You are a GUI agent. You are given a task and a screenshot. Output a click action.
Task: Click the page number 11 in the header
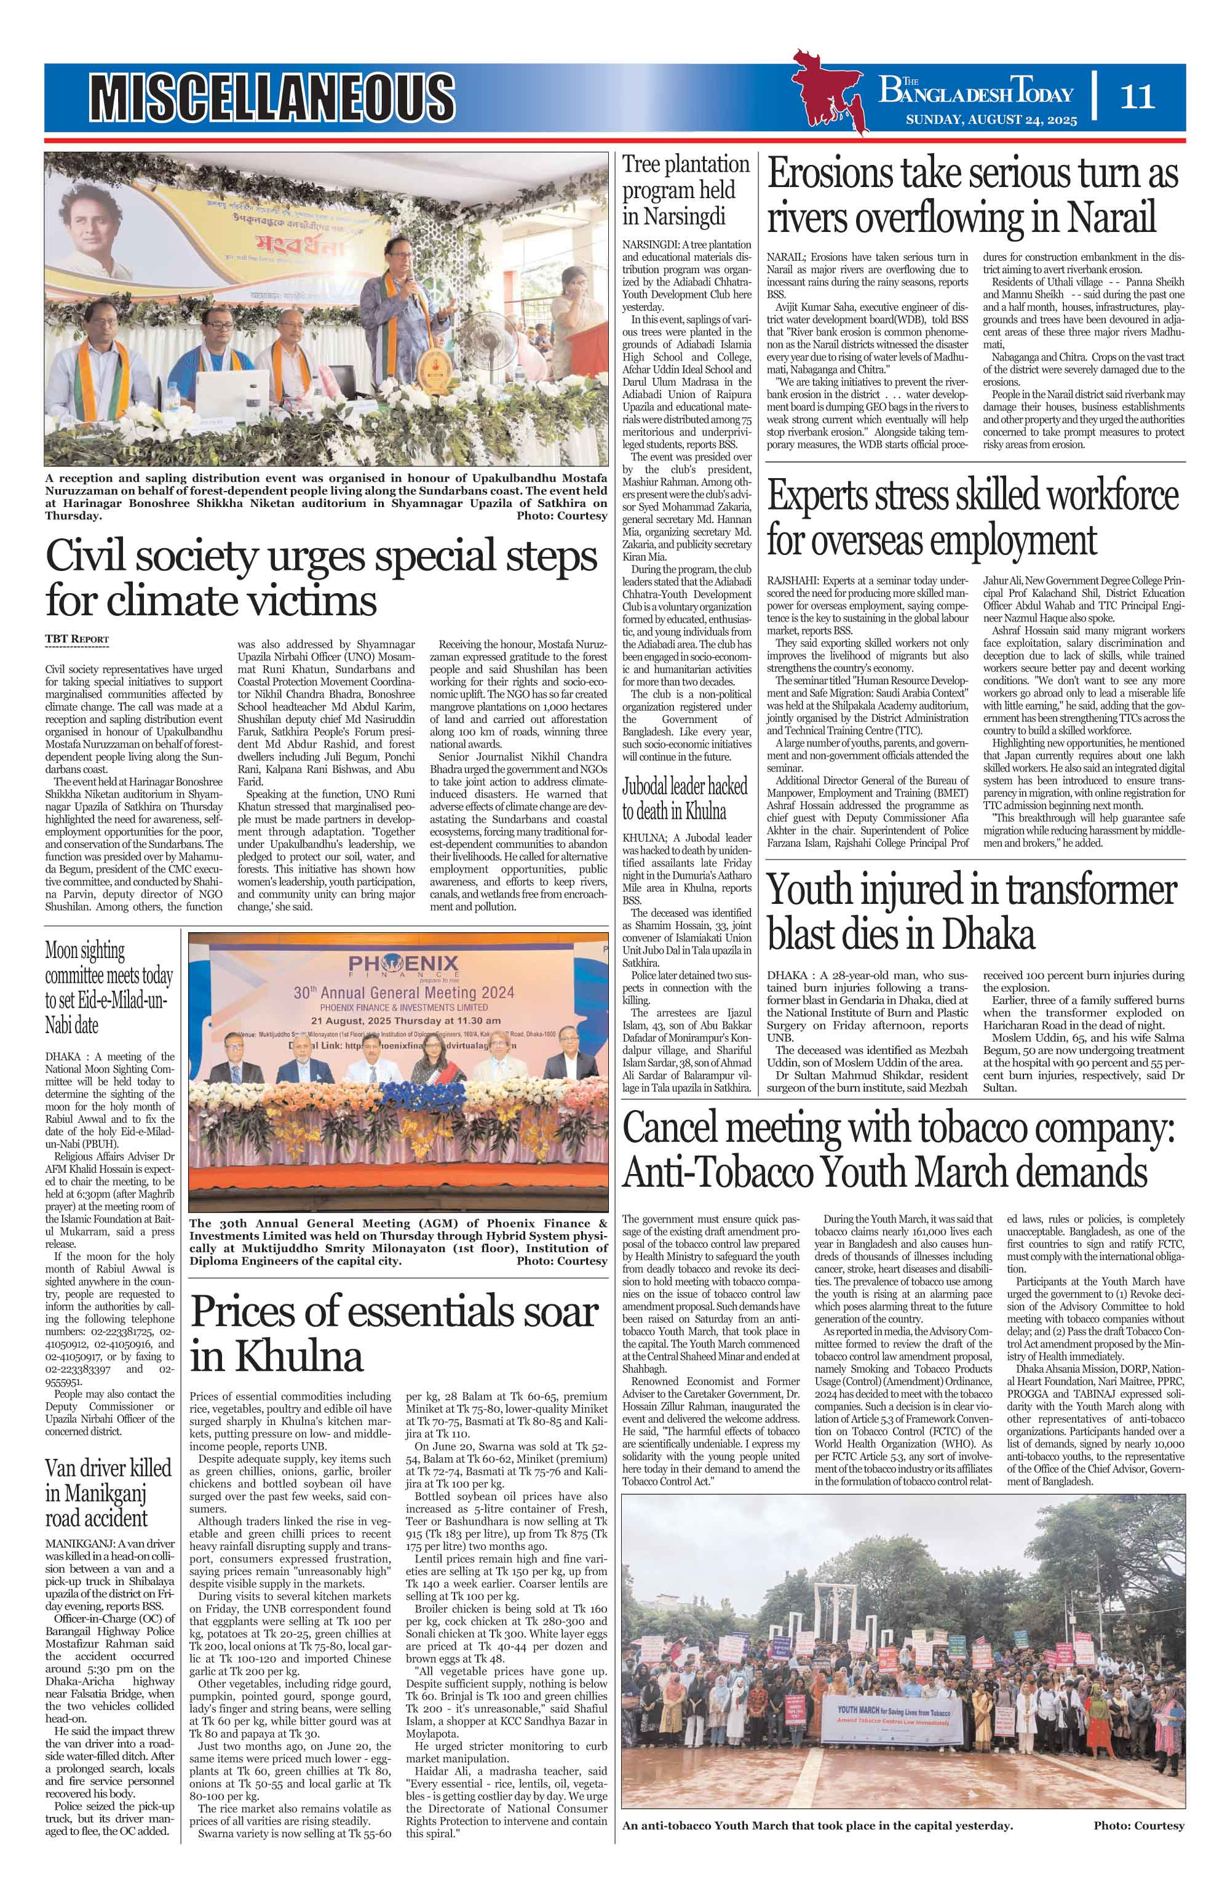coord(1137,97)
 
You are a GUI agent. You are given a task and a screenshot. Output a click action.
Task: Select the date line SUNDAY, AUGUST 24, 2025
coord(991,121)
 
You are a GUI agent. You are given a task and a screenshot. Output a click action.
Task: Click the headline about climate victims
coord(322,577)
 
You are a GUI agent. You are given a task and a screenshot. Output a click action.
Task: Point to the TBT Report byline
coord(77,639)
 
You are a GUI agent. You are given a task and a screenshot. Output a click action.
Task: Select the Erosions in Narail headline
coord(972,195)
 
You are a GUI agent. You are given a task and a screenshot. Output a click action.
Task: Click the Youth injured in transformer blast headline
coord(972,911)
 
